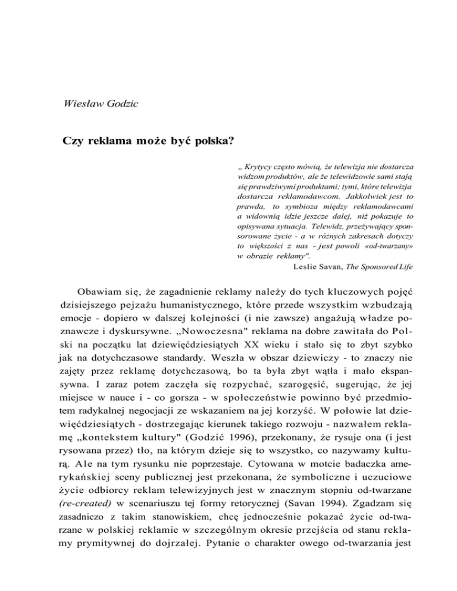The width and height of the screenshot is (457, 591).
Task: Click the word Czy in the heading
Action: (73, 143)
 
